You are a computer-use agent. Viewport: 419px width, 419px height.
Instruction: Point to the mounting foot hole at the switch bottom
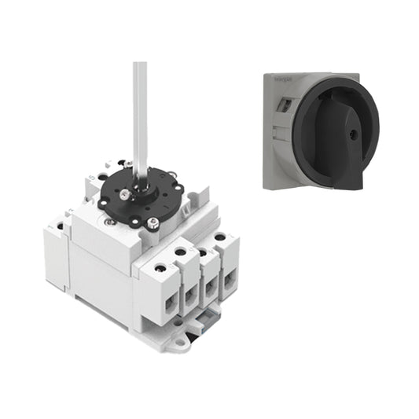coord(181,341)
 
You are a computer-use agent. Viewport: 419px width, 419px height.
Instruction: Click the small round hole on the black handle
coord(351,134)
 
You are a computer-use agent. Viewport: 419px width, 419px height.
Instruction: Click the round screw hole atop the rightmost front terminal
coord(221,237)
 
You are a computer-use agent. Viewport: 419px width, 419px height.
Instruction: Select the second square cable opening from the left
coord(189,292)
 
